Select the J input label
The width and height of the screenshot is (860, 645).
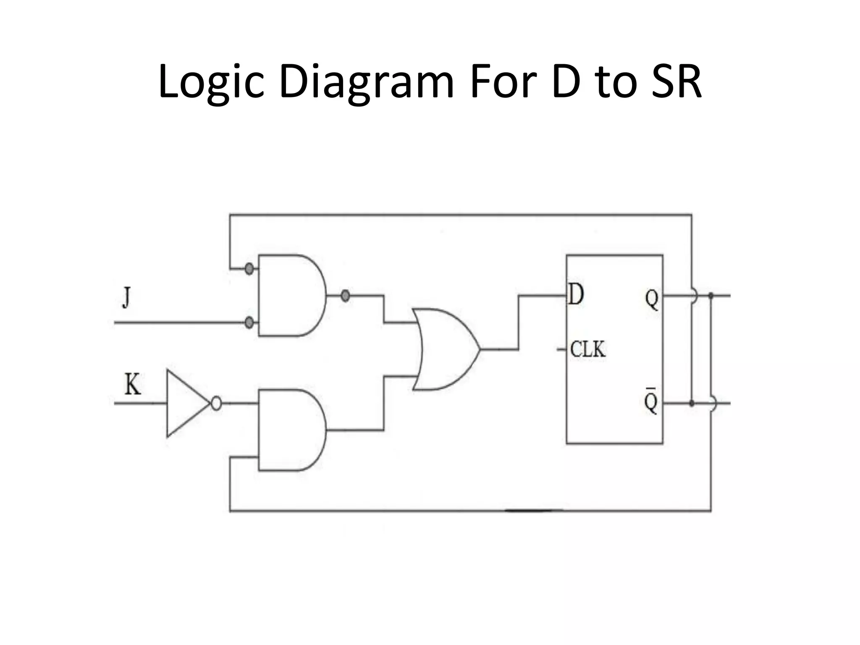[126, 297]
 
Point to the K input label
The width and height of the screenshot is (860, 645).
[133, 384]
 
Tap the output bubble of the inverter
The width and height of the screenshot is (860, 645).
[216, 404]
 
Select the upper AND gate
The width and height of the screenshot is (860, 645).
[290, 295]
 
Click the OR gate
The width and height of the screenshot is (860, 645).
[445, 349]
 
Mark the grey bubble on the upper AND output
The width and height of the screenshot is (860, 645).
[345, 296]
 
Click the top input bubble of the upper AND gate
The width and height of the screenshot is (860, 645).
[249, 268]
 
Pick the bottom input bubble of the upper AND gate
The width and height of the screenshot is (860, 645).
[249, 322]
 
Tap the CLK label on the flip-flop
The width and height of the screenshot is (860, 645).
[588, 349]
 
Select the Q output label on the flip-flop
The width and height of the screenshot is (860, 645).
[651, 299]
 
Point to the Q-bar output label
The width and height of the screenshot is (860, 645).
[651, 401]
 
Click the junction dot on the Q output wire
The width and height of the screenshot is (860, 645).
[711, 296]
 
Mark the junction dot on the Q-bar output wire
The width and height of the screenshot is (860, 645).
[692, 404]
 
